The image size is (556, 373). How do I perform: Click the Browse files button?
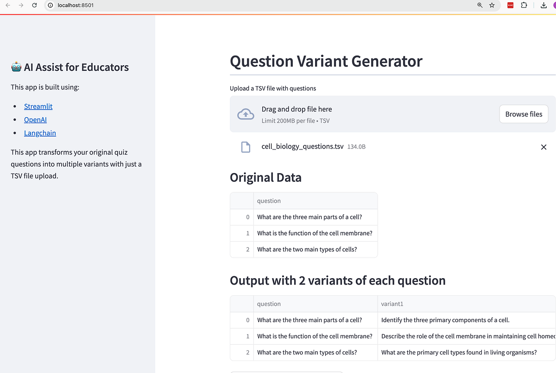coord(524,114)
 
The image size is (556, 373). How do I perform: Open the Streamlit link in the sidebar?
coord(38,106)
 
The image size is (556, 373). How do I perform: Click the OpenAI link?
coord(35,120)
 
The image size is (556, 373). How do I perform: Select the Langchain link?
coord(40,133)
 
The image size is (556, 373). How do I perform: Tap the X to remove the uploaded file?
coord(543,147)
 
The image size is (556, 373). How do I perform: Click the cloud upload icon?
coord(246,114)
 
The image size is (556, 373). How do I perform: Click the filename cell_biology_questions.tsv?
coord(302,147)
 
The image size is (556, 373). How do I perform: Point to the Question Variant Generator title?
coord(326,61)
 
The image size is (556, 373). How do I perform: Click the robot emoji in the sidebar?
coord(16,68)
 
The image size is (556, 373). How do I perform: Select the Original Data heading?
coord(265,177)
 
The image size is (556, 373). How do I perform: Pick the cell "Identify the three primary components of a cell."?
coord(445,320)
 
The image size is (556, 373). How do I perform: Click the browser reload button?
coord(35,5)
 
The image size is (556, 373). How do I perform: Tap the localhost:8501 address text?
coord(76,5)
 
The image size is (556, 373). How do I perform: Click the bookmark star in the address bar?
coord(492,5)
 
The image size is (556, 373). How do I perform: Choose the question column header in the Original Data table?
coord(269,201)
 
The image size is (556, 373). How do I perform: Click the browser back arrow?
coord(7,5)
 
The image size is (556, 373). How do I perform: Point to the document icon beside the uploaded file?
coord(246,147)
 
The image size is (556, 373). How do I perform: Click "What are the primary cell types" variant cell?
coord(459,352)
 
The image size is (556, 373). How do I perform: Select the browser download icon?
coord(543,5)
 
